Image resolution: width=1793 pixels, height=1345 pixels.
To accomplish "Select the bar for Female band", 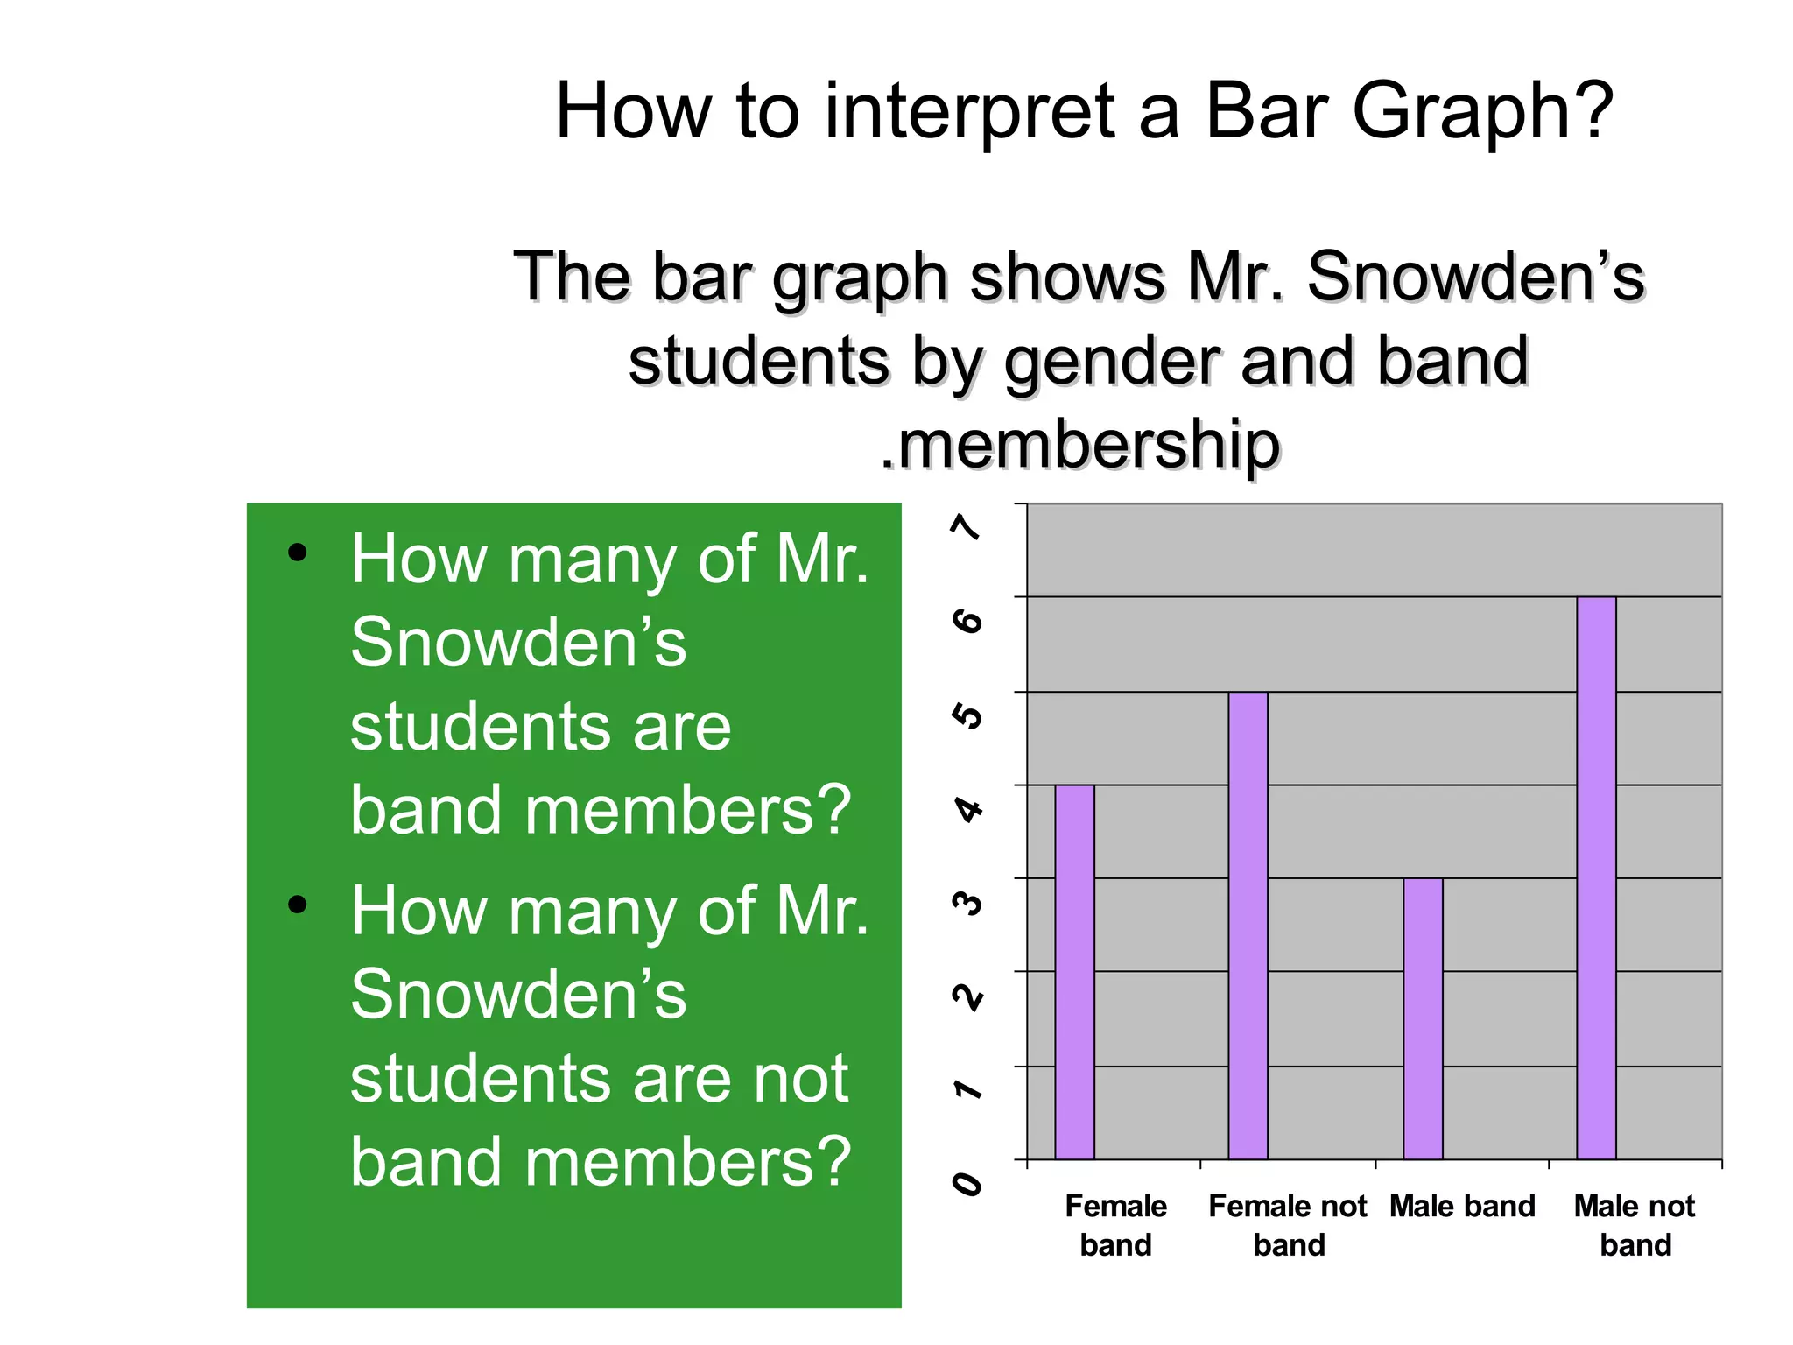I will pyautogui.click(x=1074, y=972).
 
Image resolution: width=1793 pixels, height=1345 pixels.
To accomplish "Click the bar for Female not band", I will pyautogui.click(x=1248, y=926).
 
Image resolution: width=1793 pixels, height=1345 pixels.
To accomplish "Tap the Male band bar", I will pyautogui.click(x=1423, y=1018).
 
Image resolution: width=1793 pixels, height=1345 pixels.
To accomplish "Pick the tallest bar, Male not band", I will pyautogui.click(x=1596, y=878).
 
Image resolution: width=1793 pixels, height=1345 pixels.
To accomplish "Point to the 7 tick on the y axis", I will pyautogui.click(x=967, y=527).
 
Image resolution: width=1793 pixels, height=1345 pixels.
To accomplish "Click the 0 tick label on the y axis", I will pyautogui.click(x=967, y=1184).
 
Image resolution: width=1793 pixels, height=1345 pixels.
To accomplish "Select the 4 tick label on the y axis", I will pyautogui.click(x=967, y=809).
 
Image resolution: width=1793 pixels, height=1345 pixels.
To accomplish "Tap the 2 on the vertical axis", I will pyautogui.click(x=967, y=996).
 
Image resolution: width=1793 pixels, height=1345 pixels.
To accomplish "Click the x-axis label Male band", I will pyautogui.click(x=1462, y=1207).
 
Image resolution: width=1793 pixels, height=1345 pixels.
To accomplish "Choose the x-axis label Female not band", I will pyautogui.click(x=1288, y=1225).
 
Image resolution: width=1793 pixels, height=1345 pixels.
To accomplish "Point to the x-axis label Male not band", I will pyautogui.click(x=1635, y=1225).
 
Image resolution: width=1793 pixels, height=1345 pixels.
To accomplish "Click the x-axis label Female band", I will pyautogui.click(x=1115, y=1225).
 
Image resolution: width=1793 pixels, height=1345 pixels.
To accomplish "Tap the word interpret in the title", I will pyautogui.click(x=969, y=112).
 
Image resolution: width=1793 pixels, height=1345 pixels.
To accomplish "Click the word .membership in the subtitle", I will pyautogui.click(x=1080, y=445).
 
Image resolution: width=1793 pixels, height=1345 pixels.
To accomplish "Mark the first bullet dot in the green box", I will pyautogui.click(x=298, y=553).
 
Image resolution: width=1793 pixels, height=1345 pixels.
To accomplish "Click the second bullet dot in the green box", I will pyautogui.click(x=298, y=905).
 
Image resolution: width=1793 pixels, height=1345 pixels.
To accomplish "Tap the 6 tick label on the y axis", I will pyautogui.click(x=967, y=622).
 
